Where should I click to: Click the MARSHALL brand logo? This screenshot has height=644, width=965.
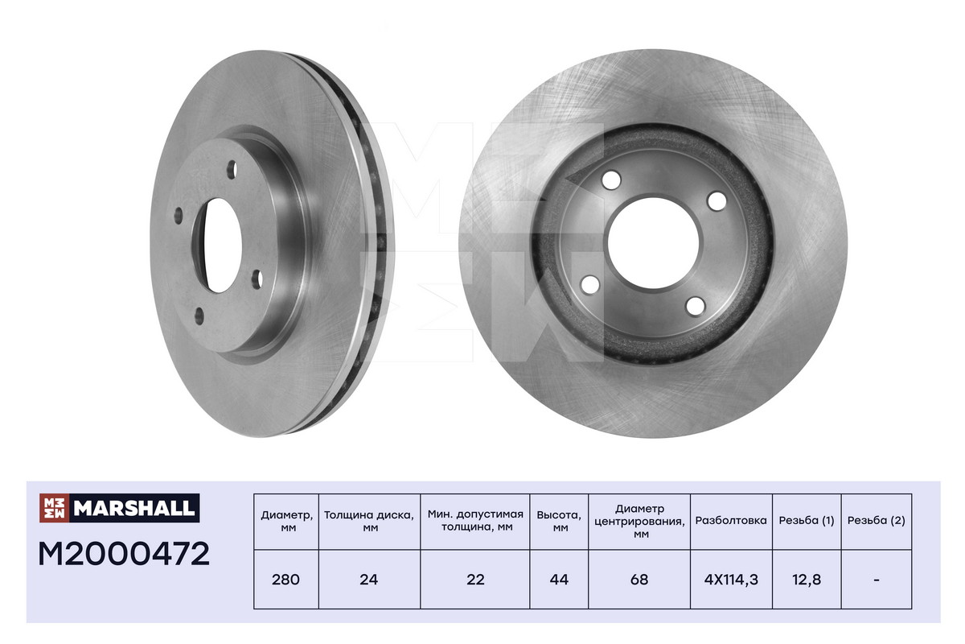click(119, 508)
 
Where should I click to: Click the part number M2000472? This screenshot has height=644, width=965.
click(124, 555)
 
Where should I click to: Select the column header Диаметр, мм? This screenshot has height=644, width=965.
click(286, 521)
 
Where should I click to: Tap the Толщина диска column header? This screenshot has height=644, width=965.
click(369, 521)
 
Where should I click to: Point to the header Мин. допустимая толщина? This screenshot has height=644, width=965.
click(475, 520)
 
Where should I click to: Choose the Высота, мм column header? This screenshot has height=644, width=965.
click(559, 521)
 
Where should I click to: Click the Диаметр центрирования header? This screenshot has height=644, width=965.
click(639, 521)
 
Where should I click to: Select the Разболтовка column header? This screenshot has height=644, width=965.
click(731, 520)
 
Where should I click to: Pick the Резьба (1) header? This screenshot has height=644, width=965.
click(807, 521)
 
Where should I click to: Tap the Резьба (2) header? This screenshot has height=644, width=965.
click(877, 521)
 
